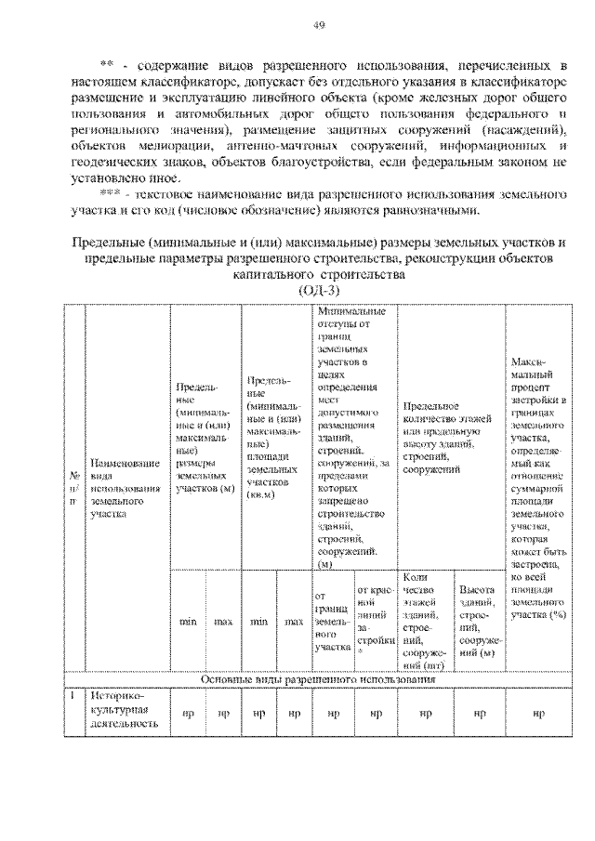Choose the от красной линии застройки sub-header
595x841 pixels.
pos(376,621)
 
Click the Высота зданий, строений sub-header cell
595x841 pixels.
pos(479,621)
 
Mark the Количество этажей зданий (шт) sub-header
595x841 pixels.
pos(426,621)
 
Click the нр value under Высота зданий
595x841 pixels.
pos(479,713)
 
